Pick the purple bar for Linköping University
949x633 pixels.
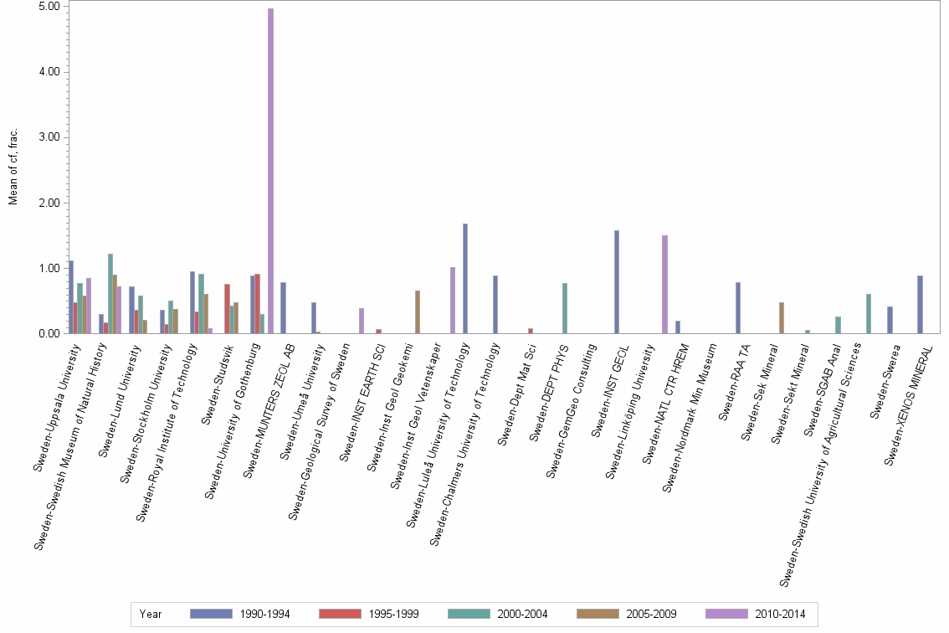pos(664,284)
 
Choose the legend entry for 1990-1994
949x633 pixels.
pos(239,614)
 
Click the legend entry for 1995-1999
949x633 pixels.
pos(369,614)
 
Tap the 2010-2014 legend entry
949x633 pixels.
pos(756,614)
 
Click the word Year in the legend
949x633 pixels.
pos(151,614)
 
